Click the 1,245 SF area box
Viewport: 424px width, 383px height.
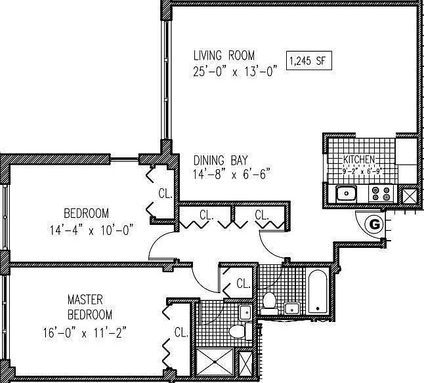(308, 60)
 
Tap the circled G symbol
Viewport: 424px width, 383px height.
(374, 224)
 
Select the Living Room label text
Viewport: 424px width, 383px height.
(224, 55)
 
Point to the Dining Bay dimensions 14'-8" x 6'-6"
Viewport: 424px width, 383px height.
(232, 174)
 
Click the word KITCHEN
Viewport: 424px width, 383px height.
(359, 159)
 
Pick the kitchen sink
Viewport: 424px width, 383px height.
(347, 193)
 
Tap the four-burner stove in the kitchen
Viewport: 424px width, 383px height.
(381, 193)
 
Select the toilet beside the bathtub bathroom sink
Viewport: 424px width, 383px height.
(269, 303)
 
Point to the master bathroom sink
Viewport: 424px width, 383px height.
(245, 312)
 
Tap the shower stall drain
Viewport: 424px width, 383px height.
(215, 362)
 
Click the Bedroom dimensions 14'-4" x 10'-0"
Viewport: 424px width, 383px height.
(92, 230)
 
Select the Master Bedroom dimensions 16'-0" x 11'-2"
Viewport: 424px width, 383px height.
(85, 333)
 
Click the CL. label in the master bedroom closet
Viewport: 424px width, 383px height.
(181, 333)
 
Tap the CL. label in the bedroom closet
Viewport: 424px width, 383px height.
(165, 193)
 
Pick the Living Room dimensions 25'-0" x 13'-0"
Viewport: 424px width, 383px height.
(235, 71)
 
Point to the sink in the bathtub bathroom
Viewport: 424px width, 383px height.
(292, 308)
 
